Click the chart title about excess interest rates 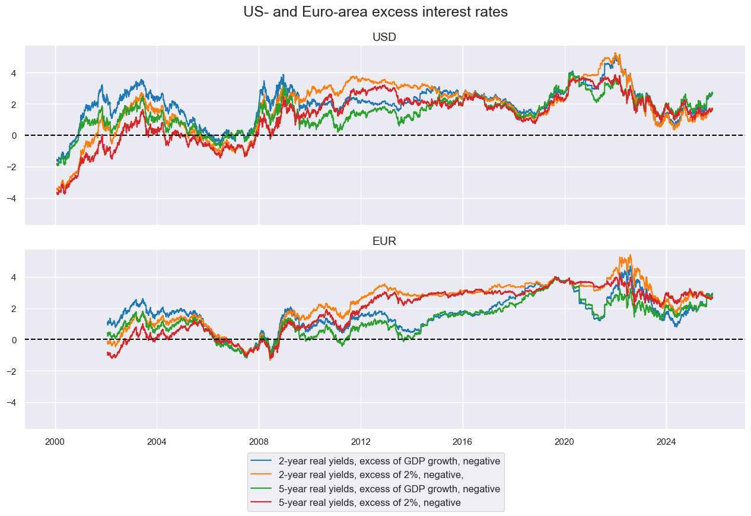pos(375,12)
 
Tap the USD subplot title pos(384,37)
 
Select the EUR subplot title pos(384,241)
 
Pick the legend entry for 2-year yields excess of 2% pos(371,474)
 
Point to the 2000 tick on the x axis pos(55,442)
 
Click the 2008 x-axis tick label pos(259,442)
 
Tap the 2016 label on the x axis pos(463,442)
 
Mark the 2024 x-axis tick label pos(666,442)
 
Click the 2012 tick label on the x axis pos(361,442)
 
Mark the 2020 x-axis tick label pos(565,442)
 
